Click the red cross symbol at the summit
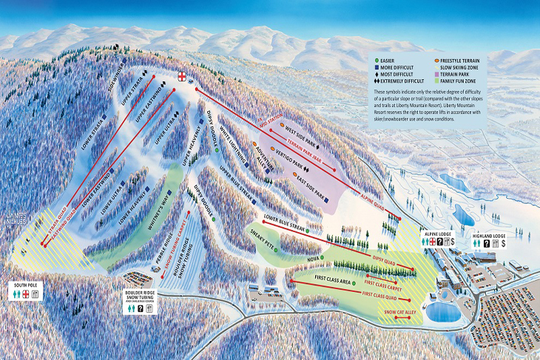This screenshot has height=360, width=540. [x=183, y=77]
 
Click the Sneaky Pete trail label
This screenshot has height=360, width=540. [x=261, y=240]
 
